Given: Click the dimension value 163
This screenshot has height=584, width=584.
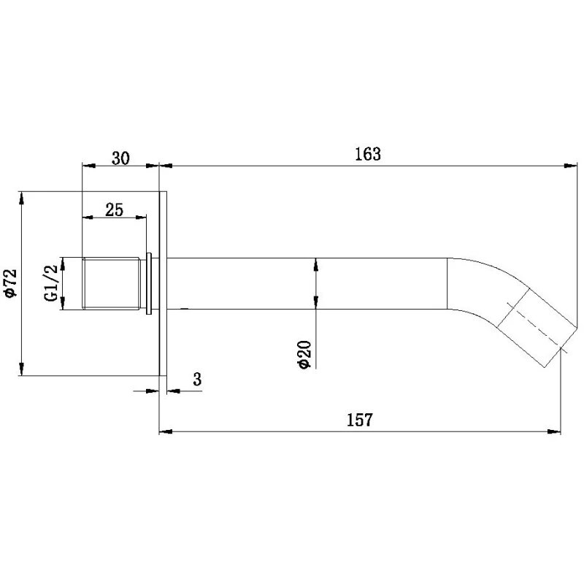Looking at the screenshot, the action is pos(368,154).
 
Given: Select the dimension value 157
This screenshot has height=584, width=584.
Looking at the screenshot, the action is pos(360,420).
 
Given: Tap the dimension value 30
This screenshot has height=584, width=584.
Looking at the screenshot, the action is pos(121,158).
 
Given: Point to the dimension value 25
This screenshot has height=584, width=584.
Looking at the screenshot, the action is pos(114,210).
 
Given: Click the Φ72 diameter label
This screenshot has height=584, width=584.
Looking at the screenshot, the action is pos(10,283).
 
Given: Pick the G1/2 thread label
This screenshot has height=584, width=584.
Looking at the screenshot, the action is pos(51,283).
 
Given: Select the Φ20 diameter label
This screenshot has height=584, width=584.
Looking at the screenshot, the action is pos(304,354).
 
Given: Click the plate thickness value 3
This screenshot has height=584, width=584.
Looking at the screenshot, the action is pos(197,379).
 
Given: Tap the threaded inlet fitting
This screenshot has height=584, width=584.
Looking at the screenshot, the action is pos(111,283).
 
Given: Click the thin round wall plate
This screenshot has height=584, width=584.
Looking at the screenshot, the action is pos(163,284).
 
